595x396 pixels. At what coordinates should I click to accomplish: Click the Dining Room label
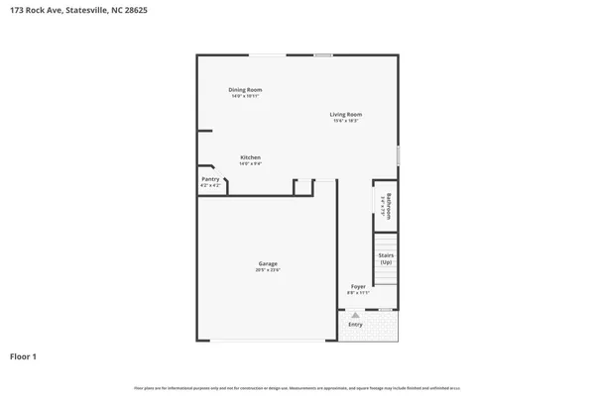point(246,90)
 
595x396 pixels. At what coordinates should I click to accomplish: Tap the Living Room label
point(346,115)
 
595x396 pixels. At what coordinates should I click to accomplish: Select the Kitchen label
point(250,158)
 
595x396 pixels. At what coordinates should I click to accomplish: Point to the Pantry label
point(210,179)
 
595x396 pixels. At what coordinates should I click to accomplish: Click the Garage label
point(268,263)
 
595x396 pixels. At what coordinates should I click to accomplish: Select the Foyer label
point(357,287)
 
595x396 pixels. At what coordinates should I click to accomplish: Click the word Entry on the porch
point(355,324)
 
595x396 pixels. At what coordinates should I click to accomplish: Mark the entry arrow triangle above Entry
point(355,314)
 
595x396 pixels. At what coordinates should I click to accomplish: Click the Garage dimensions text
point(268,270)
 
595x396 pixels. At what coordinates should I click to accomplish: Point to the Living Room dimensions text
point(346,121)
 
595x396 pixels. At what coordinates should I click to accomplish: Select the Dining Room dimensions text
point(246,96)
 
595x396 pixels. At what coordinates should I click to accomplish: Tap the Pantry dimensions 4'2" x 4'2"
point(210,185)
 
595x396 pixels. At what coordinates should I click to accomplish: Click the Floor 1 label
point(24,355)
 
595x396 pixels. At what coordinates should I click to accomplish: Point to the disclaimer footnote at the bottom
point(297,386)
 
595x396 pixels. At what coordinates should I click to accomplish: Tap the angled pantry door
point(224,184)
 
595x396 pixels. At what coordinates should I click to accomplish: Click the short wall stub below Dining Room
point(204,131)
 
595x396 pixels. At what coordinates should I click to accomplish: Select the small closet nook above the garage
point(303,188)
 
